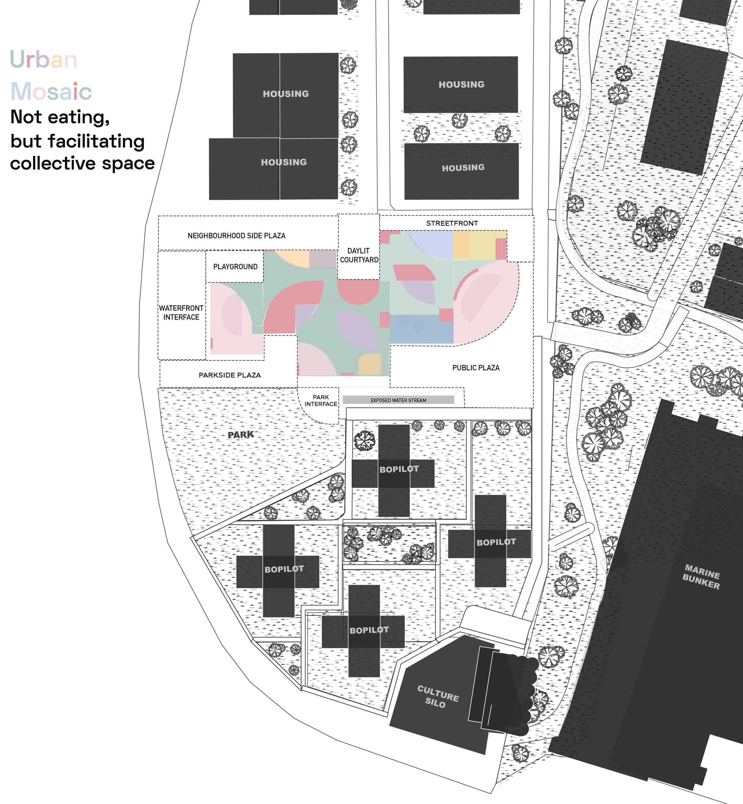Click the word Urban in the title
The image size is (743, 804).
(x=43, y=59)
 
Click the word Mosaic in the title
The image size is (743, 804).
(x=51, y=91)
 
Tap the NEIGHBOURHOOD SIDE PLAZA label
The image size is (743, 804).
(x=236, y=236)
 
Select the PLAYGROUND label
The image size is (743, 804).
(x=235, y=267)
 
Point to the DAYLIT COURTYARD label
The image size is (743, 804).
(x=359, y=255)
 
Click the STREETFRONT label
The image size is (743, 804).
(x=452, y=223)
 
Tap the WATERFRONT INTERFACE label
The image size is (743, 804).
(x=181, y=313)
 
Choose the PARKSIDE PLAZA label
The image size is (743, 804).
(x=229, y=375)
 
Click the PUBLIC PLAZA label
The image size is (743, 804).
(x=476, y=368)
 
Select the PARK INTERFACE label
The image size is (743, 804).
(x=321, y=400)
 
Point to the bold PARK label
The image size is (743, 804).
(x=241, y=435)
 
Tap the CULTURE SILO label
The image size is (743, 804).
(x=437, y=697)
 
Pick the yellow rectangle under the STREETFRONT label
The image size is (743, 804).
(x=480, y=245)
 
